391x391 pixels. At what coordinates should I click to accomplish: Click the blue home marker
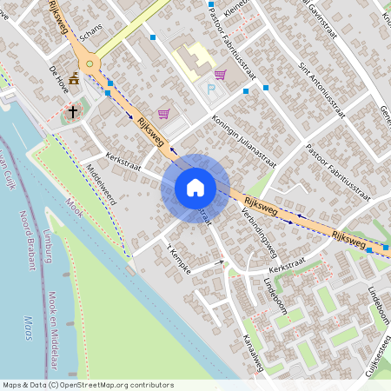[x=195, y=188]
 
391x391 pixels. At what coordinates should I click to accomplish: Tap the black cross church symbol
[x=73, y=111]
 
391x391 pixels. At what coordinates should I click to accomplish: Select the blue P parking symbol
[x=209, y=89]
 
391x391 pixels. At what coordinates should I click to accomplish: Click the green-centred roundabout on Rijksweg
[x=89, y=63]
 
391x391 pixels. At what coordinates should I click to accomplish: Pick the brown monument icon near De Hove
[x=74, y=78]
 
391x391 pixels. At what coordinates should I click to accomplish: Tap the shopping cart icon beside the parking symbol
[x=220, y=75]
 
